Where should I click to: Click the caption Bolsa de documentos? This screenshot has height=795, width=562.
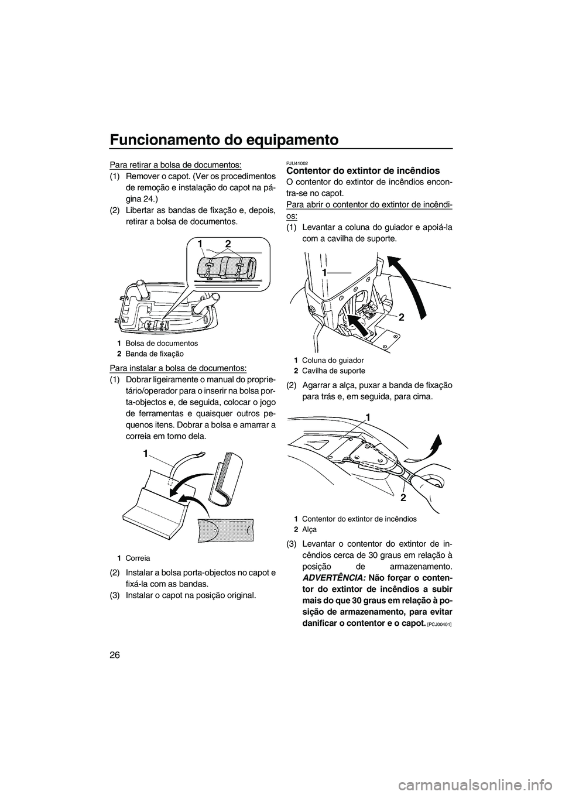(161, 343)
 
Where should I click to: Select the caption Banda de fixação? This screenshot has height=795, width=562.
(154, 354)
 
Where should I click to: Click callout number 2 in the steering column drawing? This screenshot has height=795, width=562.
(402, 317)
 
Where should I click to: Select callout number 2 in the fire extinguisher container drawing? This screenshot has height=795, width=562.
(403, 497)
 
